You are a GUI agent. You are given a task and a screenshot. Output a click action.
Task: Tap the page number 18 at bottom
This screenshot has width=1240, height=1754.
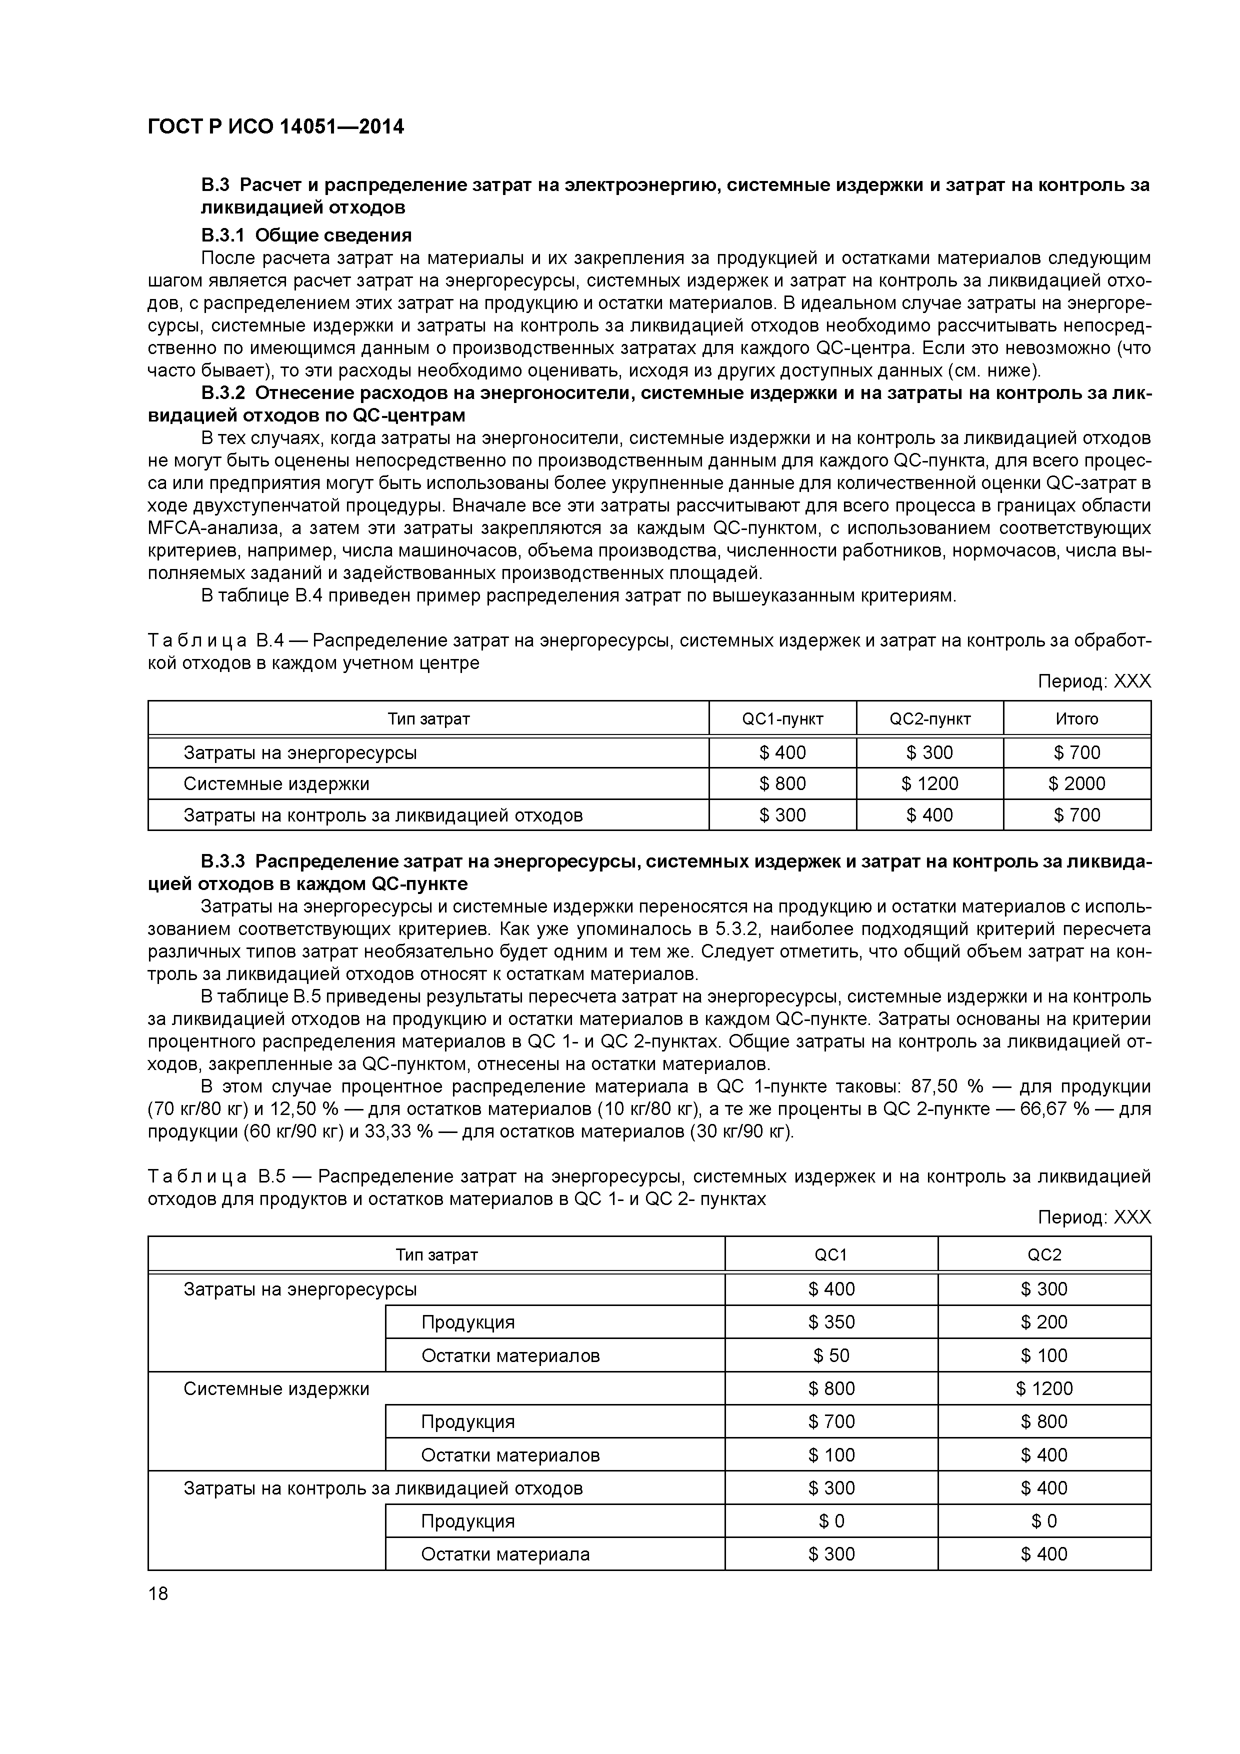coord(158,1593)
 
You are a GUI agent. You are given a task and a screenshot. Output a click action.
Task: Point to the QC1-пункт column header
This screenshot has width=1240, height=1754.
coord(782,719)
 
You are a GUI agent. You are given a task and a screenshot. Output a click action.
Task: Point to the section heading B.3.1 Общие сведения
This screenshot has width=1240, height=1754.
coord(306,234)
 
